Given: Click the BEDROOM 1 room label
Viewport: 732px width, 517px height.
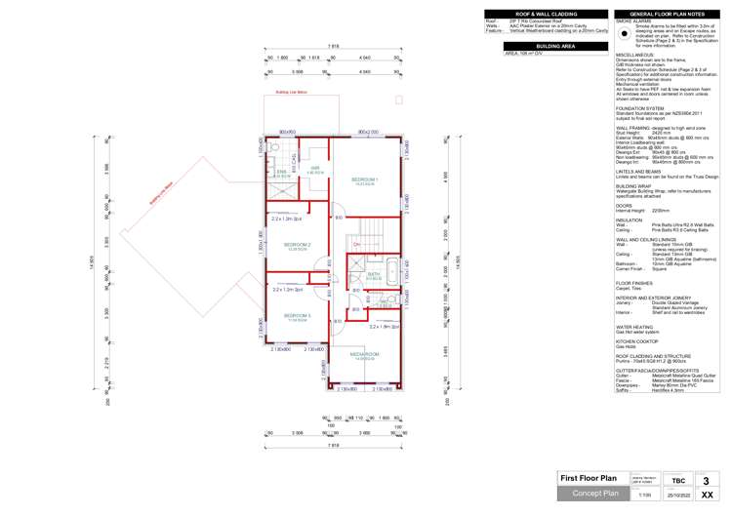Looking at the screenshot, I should [363, 180].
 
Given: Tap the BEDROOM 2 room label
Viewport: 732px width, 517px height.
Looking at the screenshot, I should [297, 244].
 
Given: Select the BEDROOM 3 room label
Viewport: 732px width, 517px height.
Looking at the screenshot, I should [297, 316].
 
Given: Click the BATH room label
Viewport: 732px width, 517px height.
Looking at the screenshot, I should [373, 275].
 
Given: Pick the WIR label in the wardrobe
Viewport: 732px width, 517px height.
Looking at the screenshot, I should [314, 169].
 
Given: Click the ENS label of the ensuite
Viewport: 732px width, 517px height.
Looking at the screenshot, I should [281, 173].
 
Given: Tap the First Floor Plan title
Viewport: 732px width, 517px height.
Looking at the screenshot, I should [589, 478].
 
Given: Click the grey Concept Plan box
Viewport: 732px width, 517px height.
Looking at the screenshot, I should [589, 494].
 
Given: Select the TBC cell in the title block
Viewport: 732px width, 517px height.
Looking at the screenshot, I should [677, 480].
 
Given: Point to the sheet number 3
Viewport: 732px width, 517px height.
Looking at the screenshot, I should [719, 479].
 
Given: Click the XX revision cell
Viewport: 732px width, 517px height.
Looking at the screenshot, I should [719, 496].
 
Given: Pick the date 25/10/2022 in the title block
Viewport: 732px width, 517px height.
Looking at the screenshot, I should [677, 496].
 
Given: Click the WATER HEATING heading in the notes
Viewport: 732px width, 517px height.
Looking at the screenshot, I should [635, 327].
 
